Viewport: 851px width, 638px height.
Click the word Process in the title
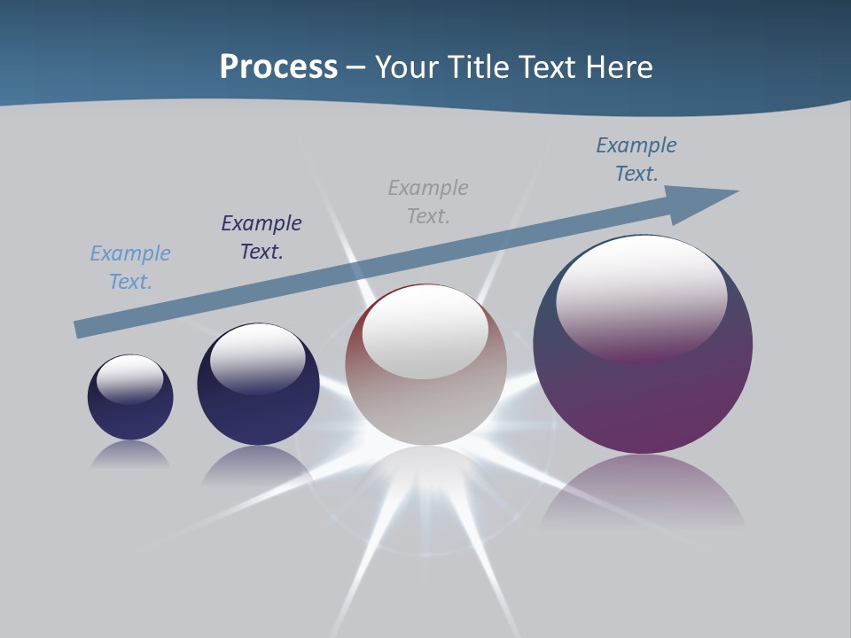278,67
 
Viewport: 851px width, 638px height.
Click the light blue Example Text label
130,268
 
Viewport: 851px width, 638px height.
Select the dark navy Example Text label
262,237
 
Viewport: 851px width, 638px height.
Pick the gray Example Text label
428,202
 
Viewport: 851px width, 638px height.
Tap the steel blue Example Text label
636,159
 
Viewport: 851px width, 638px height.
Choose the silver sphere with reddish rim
426,408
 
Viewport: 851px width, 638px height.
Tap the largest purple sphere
643,399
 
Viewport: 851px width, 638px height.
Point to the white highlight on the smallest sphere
130,377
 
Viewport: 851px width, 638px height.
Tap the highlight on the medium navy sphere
257,356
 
